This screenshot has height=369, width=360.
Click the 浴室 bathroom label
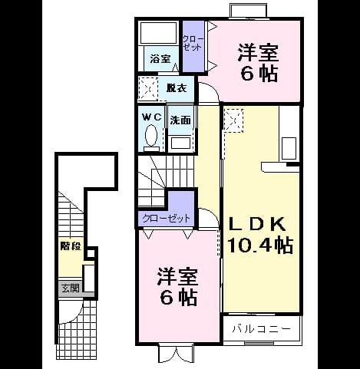[160, 59]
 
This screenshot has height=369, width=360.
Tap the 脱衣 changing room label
[177, 88]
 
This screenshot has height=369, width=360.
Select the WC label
[152, 117]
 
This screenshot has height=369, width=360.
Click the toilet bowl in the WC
[151, 135]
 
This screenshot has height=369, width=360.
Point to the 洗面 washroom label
[180, 120]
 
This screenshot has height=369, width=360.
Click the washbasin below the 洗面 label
[180, 143]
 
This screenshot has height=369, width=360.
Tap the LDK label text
[257, 223]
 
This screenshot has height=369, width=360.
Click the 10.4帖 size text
[260, 245]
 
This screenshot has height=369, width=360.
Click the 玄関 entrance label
[71, 288]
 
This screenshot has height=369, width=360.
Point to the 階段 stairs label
[71, 246]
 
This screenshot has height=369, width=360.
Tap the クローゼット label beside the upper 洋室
[193, 43]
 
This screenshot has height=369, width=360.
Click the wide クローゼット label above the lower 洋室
[167, 219]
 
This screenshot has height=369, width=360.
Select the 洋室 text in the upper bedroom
[258, 53]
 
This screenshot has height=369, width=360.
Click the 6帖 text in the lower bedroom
[179, 297]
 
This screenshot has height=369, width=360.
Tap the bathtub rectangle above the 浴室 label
[159, 32]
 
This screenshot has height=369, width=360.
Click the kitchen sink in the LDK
[289, 148]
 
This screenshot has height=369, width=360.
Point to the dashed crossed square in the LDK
[233, 120]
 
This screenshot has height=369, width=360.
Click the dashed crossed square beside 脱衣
[148, 88]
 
